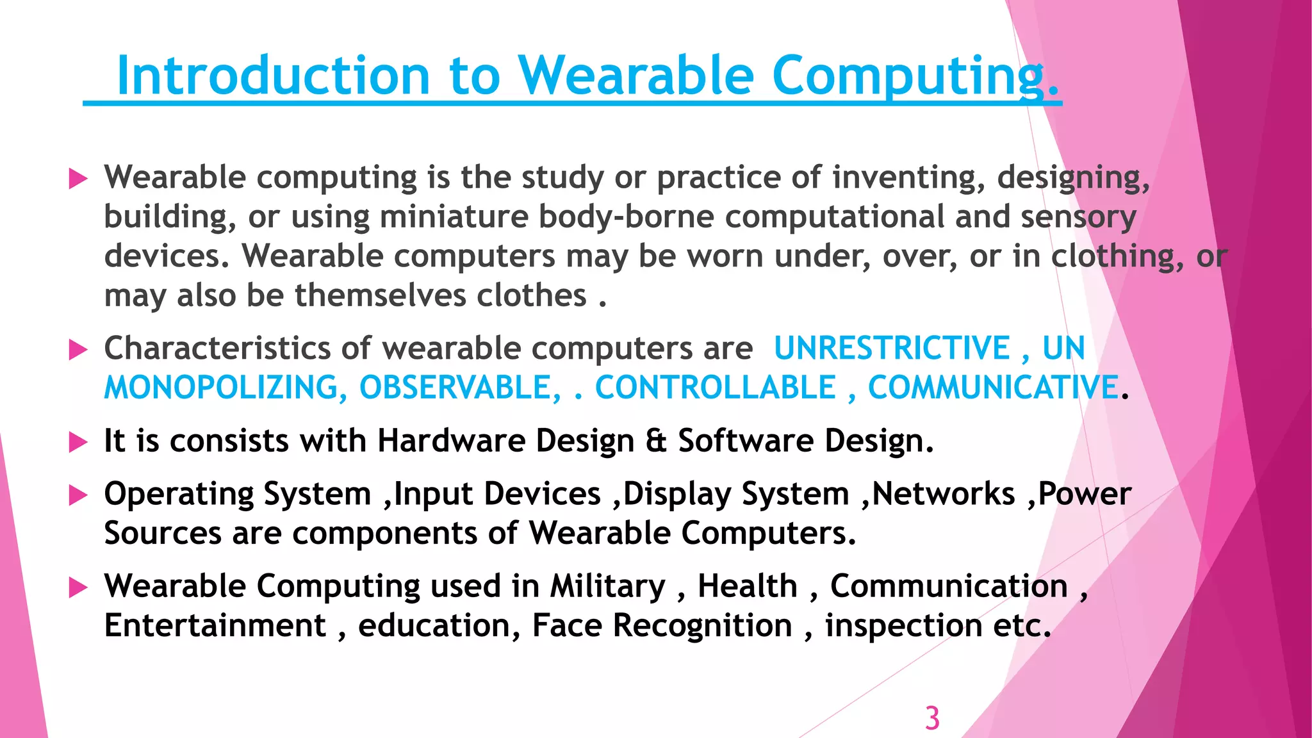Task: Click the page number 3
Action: point(932,718)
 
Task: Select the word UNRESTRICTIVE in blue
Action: point(892,348)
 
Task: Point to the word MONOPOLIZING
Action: point(221,388)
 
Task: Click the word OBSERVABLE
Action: point(459,388)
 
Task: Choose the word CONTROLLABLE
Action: point(716,388)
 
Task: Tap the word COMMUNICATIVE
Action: point(992,388)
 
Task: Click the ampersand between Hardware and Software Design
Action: point(656,441)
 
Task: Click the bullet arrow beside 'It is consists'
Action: point(78,442)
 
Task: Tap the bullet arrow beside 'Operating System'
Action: point(78,495)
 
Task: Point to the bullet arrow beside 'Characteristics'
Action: point(78,350)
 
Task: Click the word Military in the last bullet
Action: point(608,586)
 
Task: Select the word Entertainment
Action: point(215,626)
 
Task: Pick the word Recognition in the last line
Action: point(703,626)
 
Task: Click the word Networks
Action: point(944,494)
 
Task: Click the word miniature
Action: point(454,217)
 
